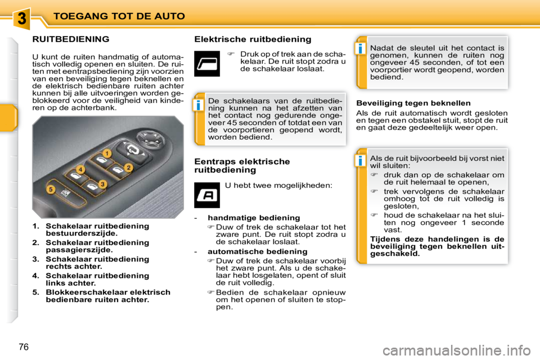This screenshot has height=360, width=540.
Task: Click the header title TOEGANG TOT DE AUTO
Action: point(119,16)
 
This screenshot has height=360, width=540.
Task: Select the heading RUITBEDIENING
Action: point(70,39)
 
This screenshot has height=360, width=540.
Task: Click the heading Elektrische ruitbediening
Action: point(252,39)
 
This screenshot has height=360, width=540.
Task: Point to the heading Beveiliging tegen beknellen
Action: point(413,103)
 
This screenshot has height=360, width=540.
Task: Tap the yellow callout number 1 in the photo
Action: point(106,153)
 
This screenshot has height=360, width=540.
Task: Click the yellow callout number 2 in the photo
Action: point(128,167)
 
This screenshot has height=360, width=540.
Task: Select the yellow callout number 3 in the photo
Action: point(102,184)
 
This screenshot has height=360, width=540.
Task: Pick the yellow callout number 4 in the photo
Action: point(81,169)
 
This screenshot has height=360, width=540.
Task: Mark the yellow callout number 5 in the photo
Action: point(51,190)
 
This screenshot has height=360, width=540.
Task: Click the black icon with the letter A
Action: point(206,195)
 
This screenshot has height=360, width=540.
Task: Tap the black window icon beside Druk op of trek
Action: point(206,62)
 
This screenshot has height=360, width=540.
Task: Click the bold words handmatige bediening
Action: point(254,218)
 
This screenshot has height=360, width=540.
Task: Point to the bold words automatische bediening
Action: point(257,251)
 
